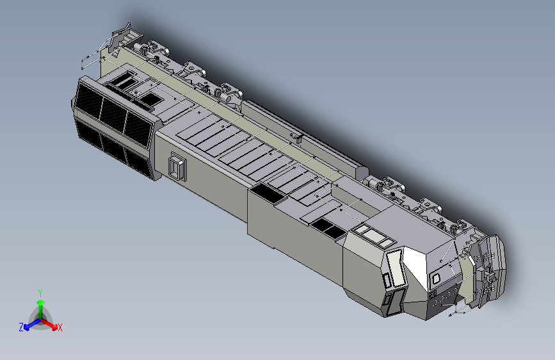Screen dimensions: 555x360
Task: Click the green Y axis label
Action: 40,293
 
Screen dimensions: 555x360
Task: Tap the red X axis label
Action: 60,328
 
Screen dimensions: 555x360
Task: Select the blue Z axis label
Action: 21,327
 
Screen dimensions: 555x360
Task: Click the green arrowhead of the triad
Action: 41,302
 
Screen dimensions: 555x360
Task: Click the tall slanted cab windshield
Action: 396,268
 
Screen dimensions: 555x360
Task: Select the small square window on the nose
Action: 436,277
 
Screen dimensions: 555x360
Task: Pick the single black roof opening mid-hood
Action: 267,193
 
